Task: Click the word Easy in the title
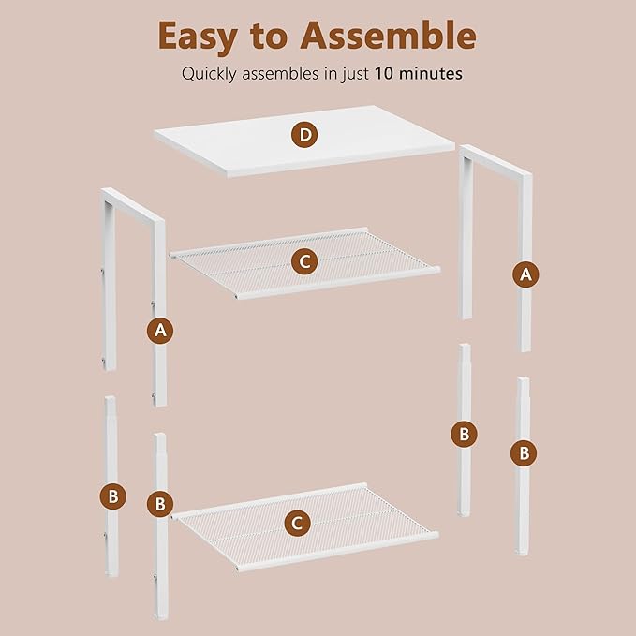(198, 37)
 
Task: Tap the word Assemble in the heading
(388, 36)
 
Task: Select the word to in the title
(269, 37)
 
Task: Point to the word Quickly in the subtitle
(209, 75)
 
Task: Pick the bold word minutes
(431, 74)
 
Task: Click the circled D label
(304, 135)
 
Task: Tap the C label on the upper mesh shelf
(304, 261)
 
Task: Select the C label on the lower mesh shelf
(297, 524)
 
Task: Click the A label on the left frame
(160, 331)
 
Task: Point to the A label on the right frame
(525, 274)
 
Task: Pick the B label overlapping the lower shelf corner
(160, 504)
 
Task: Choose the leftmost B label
(113, 496)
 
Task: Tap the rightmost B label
(524, 453)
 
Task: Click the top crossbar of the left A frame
(133, 205)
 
